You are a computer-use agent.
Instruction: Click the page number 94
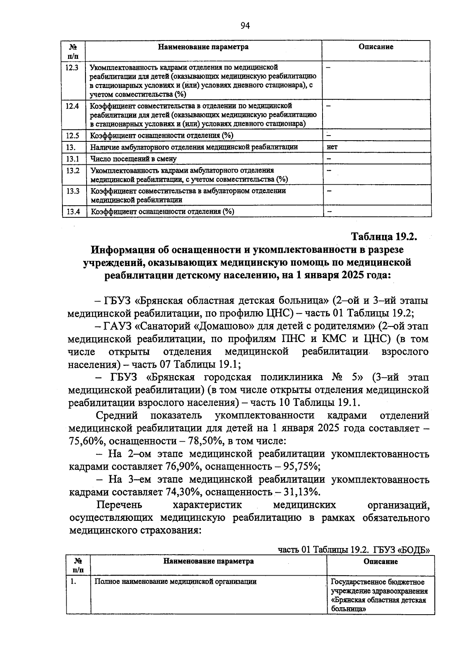(x=245, y=26)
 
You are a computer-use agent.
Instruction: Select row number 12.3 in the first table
(x=73, y=67)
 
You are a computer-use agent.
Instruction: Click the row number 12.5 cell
(x=73, y=136)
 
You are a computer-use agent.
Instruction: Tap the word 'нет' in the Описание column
(x=332, y=147)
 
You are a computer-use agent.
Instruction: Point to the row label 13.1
(x=73, y=159)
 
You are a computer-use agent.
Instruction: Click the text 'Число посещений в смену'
(x=133, y=159)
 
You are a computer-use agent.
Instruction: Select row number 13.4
(x=73, y=212)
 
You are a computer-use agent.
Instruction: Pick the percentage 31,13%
(x=300, y=492)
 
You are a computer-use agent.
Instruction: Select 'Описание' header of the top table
(x=376, y=47)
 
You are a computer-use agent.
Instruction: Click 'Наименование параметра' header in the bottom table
(x=208, y=561)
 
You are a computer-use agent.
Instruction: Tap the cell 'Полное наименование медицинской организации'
(x=176, y=582)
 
